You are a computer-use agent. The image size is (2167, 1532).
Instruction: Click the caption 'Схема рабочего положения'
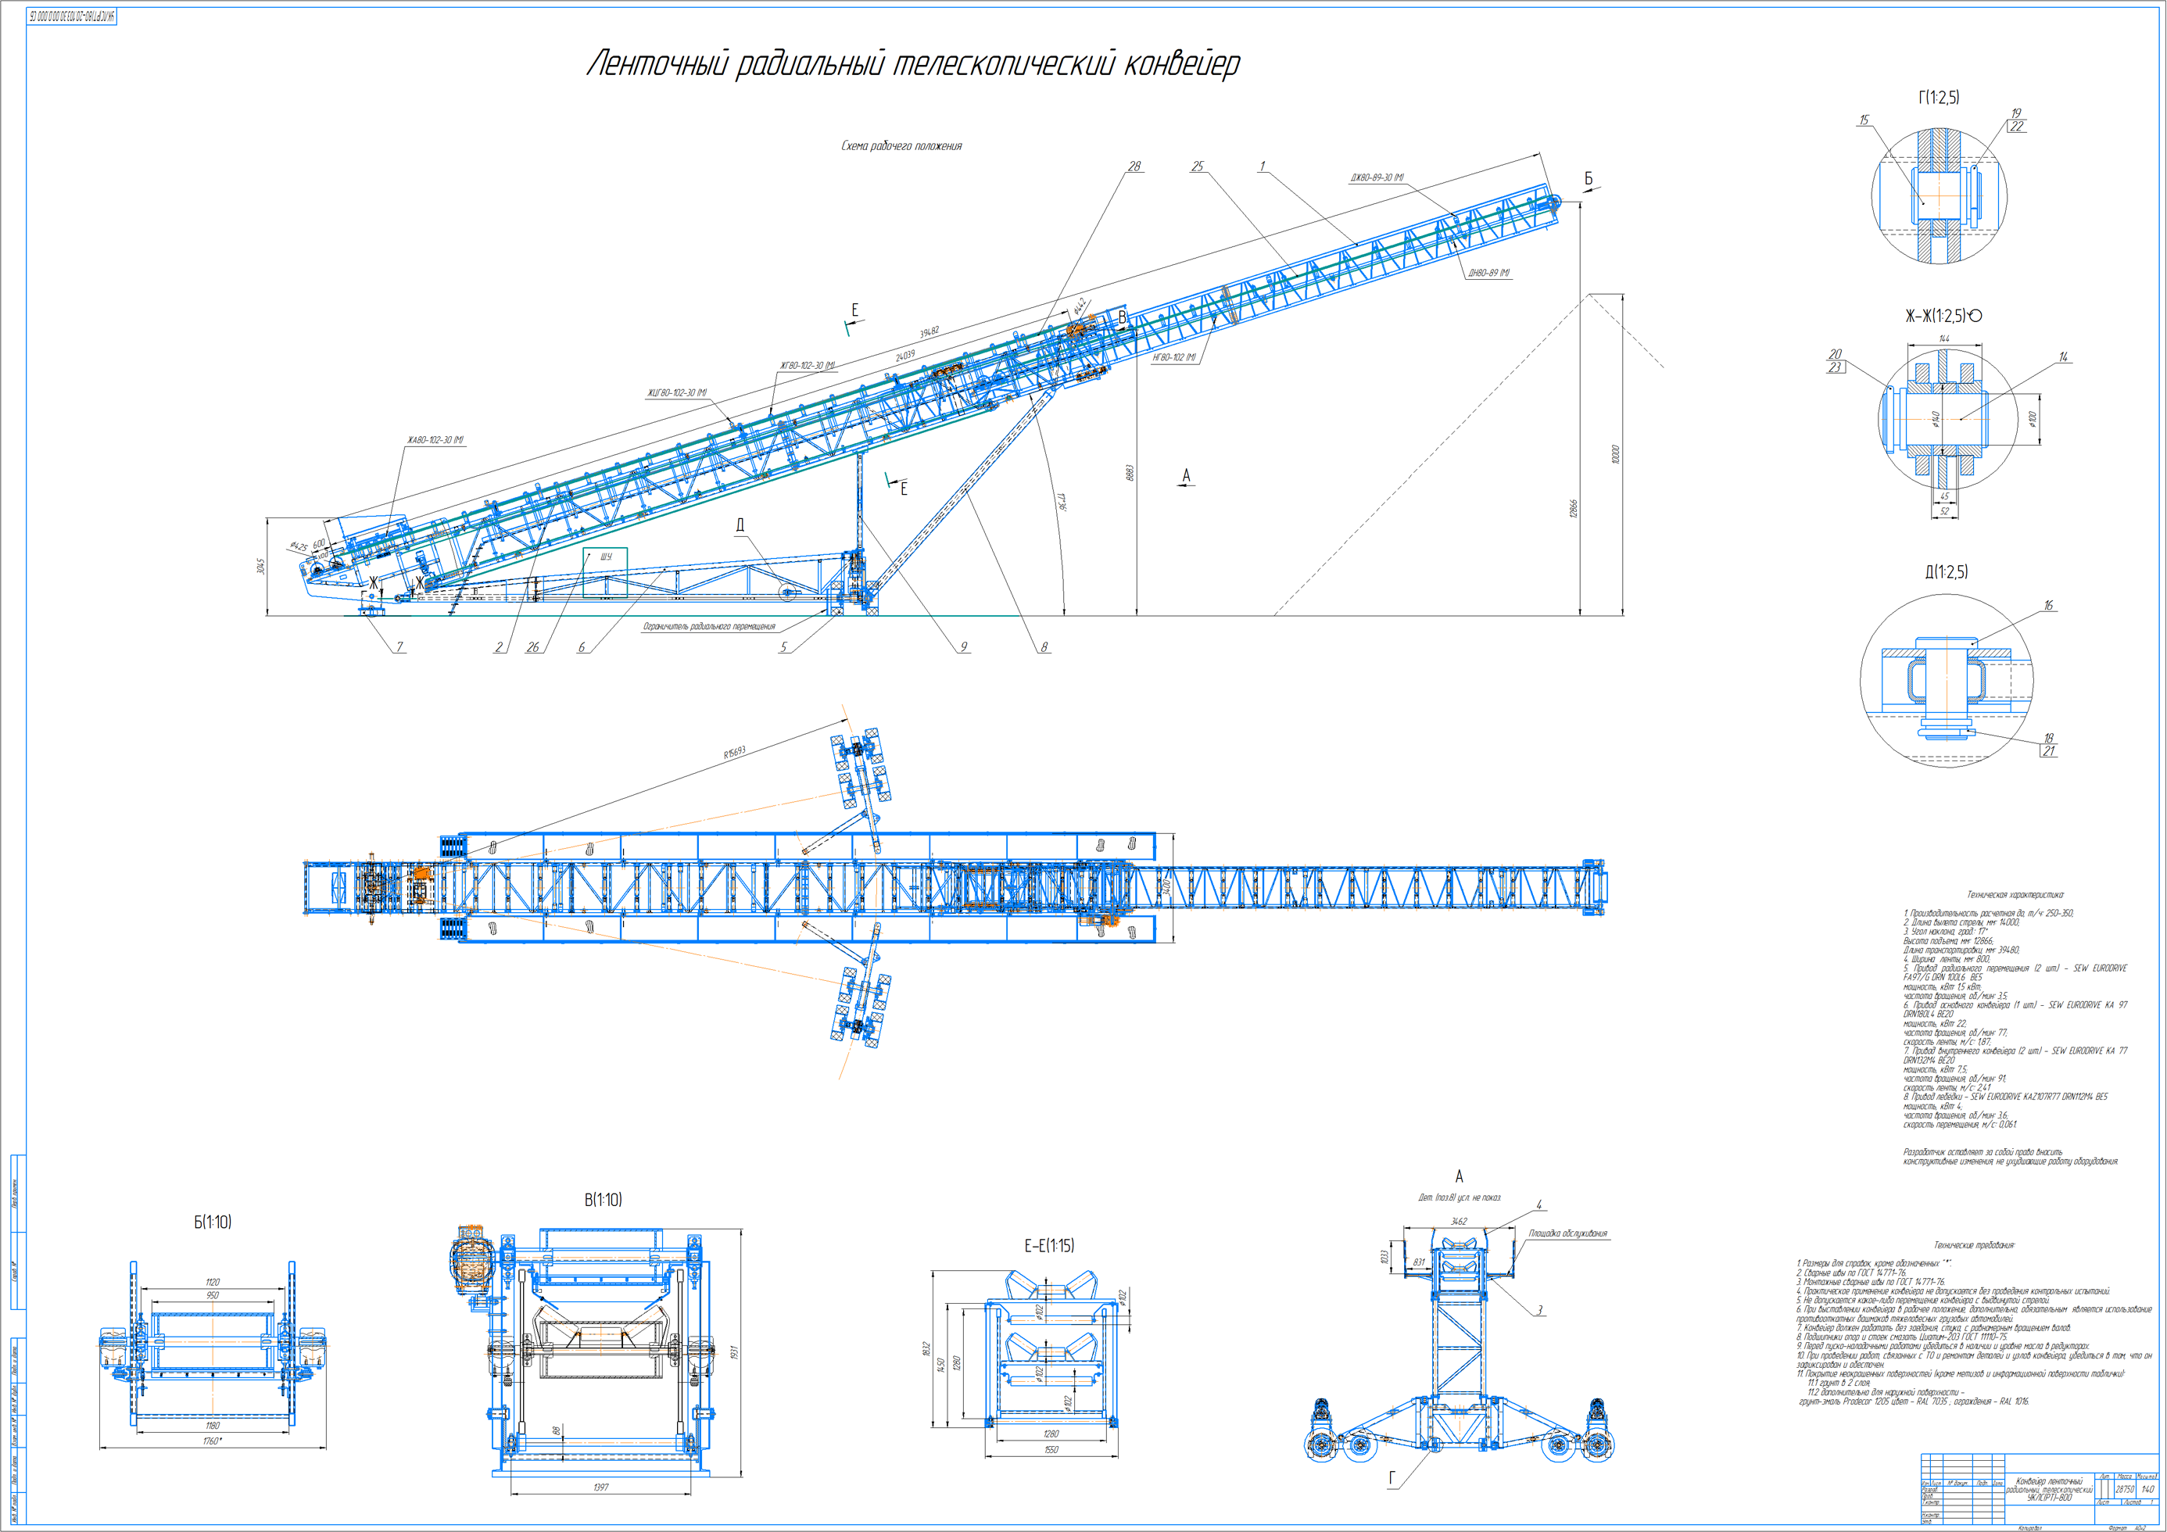point(901,146)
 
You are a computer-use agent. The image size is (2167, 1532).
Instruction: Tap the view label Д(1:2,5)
point(1946,572)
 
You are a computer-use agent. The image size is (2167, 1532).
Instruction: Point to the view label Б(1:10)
point(213,1222)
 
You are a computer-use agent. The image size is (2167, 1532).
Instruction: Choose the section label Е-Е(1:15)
point(1048,1246)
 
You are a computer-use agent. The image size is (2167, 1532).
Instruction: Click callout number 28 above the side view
point(1134,166)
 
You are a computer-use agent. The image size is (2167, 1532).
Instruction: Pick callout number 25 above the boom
point(1197,166)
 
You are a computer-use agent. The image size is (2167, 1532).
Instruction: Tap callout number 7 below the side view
point(399,646)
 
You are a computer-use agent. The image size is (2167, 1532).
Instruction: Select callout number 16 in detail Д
point(2048,605)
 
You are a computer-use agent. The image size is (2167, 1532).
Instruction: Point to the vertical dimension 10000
point(1615,454)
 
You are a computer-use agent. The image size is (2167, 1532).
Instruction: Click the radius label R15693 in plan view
point(734,752)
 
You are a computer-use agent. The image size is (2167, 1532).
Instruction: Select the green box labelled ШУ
point(605,572)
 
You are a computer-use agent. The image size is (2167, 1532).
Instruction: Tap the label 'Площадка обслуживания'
point(1567,1233)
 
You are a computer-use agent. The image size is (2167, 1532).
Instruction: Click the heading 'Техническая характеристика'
point(2014,894)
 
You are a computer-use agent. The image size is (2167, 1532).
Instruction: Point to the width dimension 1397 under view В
point(600,1487)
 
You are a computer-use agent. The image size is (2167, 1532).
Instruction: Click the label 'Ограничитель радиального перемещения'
point(709,627)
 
